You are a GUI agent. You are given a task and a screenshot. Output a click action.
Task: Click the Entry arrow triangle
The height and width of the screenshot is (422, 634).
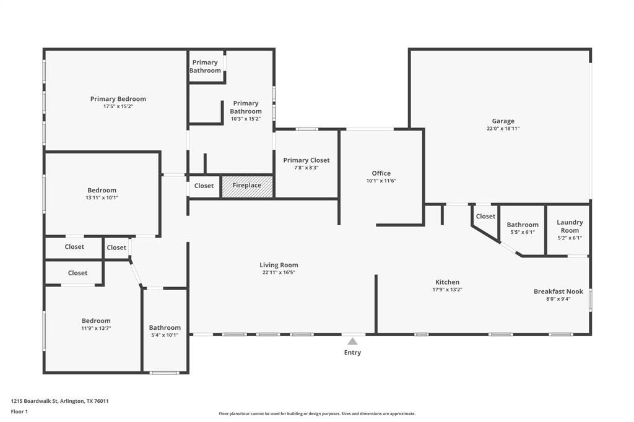(x=352, y=342)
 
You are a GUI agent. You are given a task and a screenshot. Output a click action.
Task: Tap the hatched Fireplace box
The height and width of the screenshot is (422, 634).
(x=247, y=186)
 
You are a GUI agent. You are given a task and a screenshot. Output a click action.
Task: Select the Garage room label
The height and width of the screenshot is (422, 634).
(x=503, y=121)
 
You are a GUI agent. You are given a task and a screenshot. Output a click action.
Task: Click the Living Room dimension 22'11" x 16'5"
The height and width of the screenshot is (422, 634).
(x=279, y=273)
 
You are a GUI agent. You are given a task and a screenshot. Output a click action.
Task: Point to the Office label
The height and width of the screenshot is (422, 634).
(x=381, y=173)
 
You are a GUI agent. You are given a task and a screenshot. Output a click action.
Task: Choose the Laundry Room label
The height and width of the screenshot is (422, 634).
(x=570, y=226)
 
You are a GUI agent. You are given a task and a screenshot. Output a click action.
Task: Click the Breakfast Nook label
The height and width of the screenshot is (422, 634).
(x=558, y=291)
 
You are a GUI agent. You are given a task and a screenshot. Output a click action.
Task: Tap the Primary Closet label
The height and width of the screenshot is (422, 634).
(x=306, y=160)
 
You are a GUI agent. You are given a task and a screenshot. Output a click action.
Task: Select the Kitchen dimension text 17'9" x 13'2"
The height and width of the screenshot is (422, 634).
(x=447, y=290)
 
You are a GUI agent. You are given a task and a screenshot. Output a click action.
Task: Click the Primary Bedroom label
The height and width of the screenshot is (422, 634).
(x=118, y=98)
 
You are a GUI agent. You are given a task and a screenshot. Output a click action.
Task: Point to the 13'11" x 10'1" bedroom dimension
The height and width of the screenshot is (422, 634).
(x=102, y=198)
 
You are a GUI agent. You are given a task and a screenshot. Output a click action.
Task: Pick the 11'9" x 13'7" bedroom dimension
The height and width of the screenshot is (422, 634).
(x=96, y=329)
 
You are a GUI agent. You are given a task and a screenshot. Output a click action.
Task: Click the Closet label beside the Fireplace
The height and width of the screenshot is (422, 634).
(x=204, y=186)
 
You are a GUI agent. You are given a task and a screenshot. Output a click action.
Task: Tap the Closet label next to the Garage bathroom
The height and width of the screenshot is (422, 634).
(x=485, y=216)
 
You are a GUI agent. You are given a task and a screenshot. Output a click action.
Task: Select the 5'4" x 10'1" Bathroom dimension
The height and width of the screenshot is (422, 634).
(x=165, y=335)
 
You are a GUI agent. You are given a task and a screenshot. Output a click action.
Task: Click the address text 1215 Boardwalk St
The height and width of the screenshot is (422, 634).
(x=35, y=402)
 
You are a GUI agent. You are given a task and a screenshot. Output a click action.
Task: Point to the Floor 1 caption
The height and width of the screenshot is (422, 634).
(x=19, y=412)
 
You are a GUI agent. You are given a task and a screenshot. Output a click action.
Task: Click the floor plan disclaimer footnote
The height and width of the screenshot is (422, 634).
(x=317, y=414)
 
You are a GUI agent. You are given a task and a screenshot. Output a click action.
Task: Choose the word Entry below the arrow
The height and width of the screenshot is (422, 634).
(x=352, y=353)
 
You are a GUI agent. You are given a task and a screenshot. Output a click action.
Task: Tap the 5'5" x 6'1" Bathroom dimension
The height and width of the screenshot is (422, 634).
(x=523, y=233)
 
